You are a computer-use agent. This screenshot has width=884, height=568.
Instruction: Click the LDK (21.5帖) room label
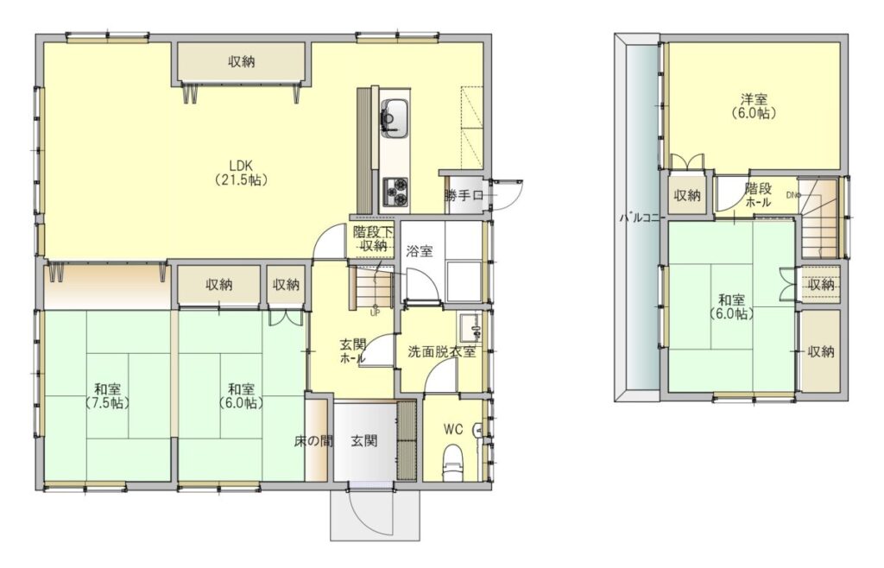[241, 173]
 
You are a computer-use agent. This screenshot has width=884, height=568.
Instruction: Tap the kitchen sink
[395, 117]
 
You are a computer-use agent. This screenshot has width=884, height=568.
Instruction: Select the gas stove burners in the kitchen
[395, 192]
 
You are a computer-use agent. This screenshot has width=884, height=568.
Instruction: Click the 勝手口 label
[464, 196]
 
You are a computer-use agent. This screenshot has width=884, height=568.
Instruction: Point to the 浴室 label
[420, 251]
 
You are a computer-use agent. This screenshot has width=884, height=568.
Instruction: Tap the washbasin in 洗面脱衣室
[470, 328]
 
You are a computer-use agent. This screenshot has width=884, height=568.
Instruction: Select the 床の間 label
[313, 441]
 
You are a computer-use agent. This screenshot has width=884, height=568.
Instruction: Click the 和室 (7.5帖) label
[107, 396]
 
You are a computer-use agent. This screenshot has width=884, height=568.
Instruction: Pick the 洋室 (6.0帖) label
[754, 106]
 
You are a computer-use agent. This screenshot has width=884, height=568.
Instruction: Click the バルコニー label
[642, 218]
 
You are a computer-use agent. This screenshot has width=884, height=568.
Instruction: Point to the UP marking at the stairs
[375, 312]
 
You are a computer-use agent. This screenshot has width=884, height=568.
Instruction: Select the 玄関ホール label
[353, 350]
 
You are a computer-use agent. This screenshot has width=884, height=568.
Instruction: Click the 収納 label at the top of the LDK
[242, 61]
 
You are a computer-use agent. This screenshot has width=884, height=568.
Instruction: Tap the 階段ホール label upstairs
[758, 194]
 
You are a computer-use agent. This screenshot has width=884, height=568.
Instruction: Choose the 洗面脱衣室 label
[442, 353]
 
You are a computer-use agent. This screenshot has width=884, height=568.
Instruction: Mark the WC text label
[453, 429]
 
